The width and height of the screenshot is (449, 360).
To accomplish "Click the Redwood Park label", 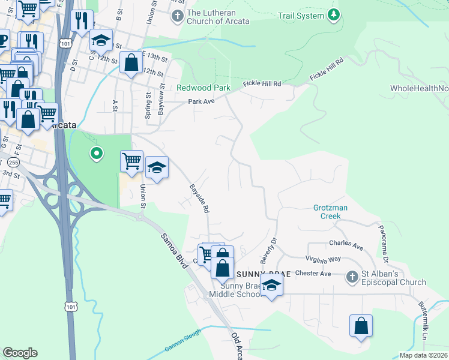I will coord(203,88).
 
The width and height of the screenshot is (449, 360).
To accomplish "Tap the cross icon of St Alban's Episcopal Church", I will coord(353,277).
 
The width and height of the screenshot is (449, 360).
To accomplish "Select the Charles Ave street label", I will coord(346,245).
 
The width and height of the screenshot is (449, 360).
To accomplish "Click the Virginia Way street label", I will coord(323,259).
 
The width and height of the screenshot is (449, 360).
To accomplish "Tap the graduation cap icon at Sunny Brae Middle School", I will coord(271,286).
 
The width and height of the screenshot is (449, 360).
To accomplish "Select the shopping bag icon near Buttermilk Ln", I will coord(361,326).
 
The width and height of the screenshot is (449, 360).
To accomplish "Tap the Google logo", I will coord(20,353).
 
